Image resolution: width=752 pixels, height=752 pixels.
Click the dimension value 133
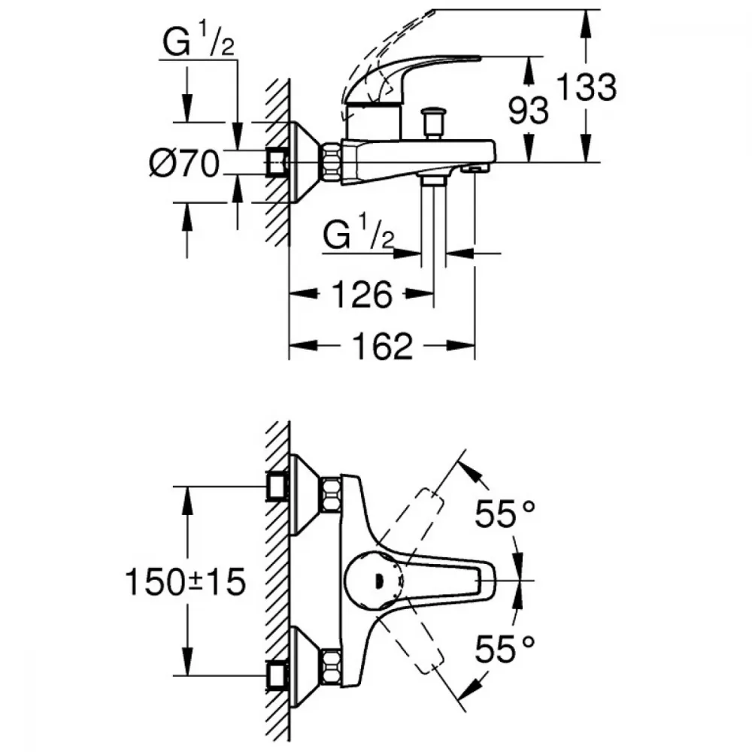coord(587,87)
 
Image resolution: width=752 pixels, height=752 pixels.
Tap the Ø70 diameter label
coord(184,162)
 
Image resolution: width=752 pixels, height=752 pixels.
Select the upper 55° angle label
coord(505,517)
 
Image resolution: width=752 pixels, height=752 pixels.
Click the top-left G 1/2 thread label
coord(197,44)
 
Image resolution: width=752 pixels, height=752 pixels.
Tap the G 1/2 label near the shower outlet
coord(359,237)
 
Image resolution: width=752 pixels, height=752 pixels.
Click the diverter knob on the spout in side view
coord(433,120)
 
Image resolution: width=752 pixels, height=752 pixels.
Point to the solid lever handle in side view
coord(410,71)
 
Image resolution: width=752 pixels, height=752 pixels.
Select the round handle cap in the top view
coord(371,581)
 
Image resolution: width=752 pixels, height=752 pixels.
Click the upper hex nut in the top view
coord(329,494)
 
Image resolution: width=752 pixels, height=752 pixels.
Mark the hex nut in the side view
coord(331,162)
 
